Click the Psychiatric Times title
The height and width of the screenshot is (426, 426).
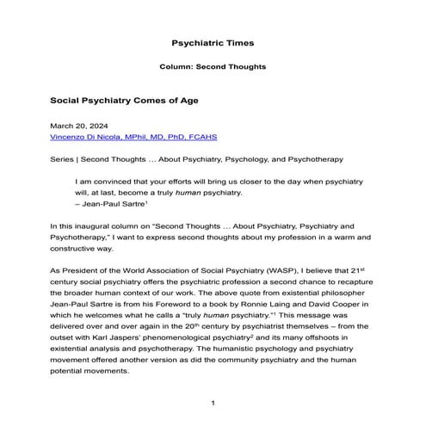212,41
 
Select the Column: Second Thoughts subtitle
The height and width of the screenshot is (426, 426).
212,66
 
